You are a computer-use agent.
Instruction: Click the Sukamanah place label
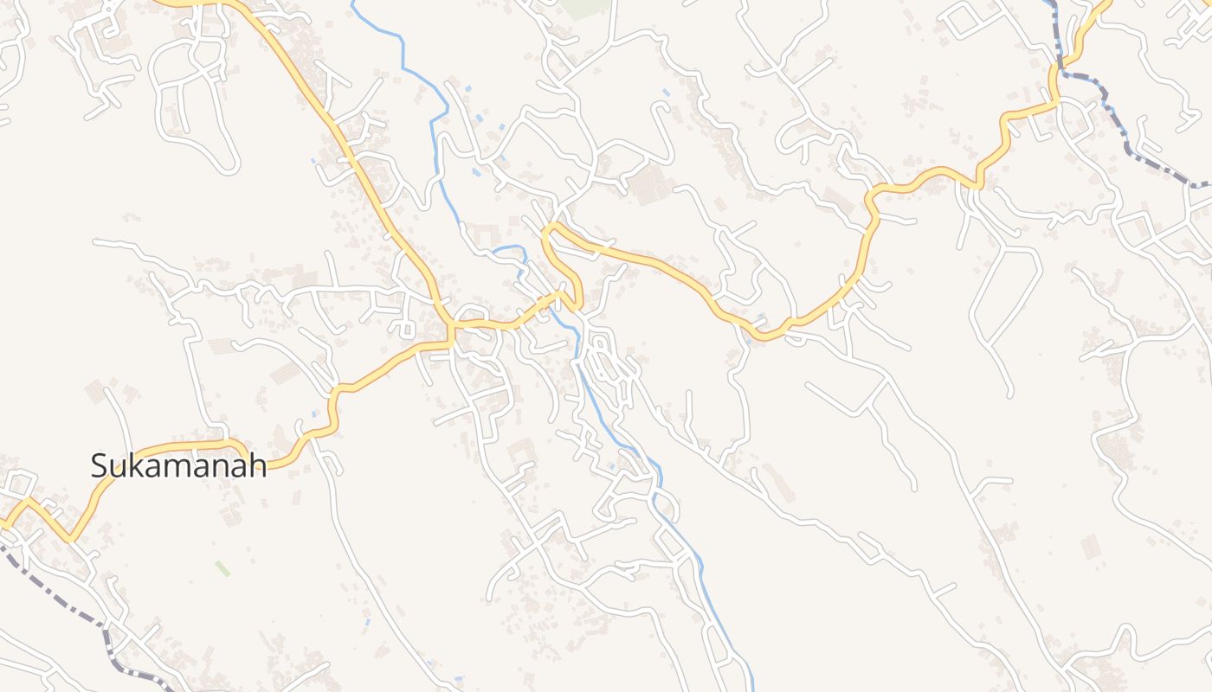[178, 466]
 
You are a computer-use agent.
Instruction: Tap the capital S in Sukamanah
[100, 466]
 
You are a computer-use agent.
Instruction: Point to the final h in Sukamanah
[257, 466]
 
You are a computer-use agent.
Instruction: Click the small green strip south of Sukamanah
[222, 568]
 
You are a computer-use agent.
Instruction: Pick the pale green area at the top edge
[584, 7]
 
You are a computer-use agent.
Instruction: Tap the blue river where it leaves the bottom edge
[752, 688]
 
